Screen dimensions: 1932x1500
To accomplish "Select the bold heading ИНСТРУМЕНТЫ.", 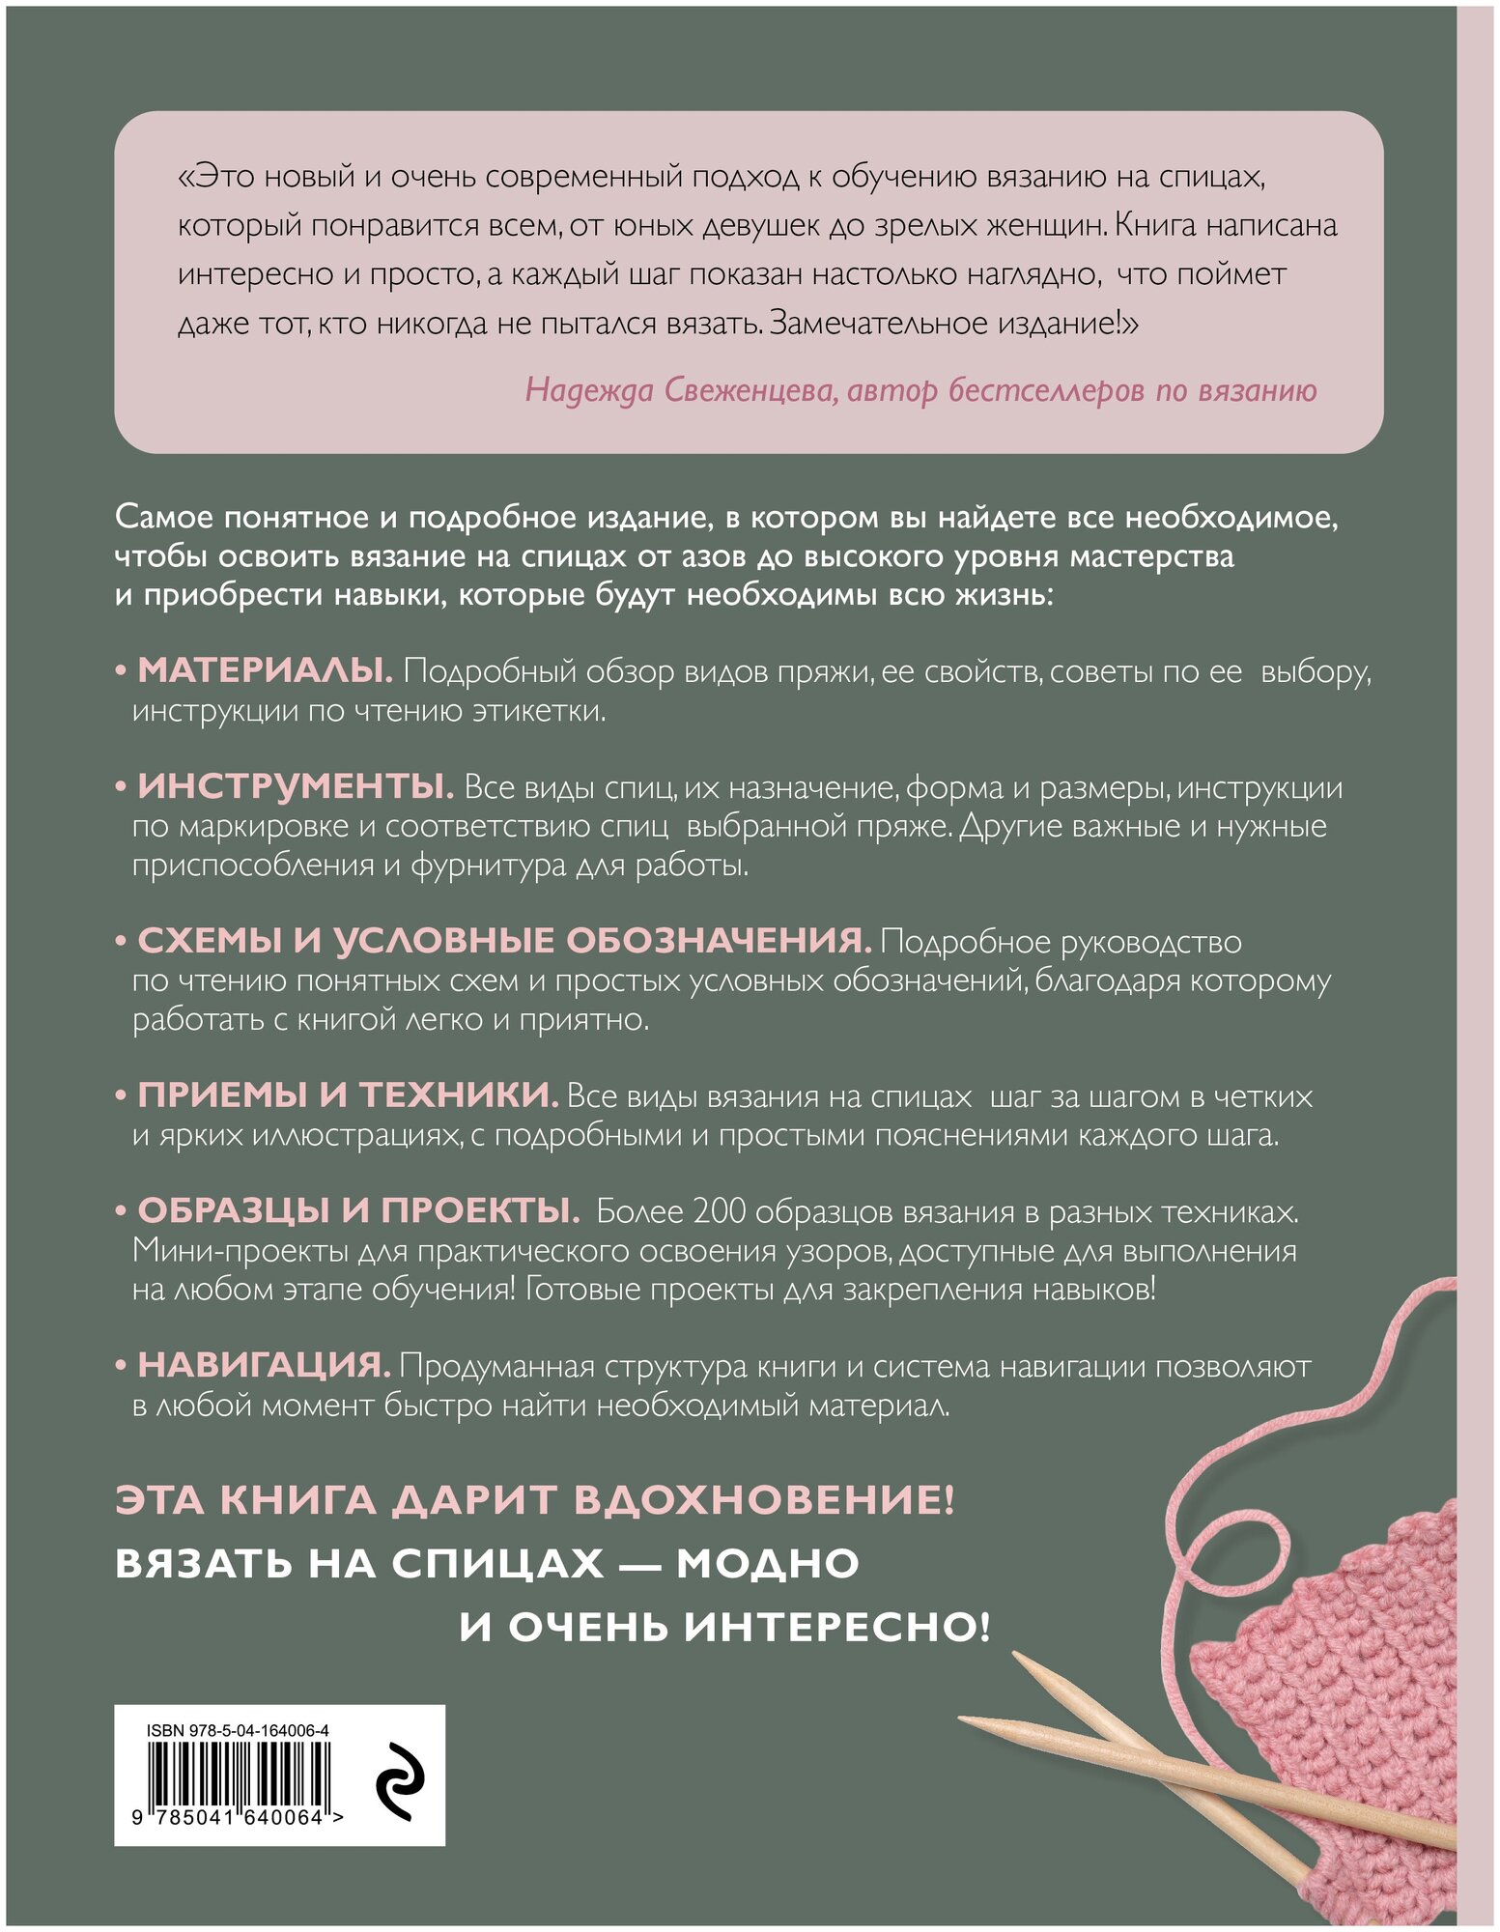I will (295, 787).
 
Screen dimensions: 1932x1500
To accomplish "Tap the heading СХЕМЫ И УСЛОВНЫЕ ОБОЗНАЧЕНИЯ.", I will (504, 941).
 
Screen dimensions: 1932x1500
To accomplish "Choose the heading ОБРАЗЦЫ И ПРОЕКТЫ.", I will (358, 1211).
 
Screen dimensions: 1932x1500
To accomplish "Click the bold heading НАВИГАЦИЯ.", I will (264, 1366).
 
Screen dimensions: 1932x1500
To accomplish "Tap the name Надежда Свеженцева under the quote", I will (681, 390).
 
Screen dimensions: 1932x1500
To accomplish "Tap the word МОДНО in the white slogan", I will (768, 1564).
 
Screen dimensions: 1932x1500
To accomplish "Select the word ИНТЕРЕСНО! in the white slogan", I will (837, 1628).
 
